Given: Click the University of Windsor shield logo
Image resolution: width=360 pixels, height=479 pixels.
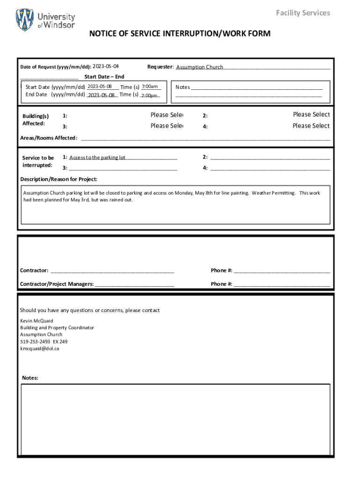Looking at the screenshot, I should point(25,20).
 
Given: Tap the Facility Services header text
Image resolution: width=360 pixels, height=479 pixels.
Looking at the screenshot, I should point(302,13).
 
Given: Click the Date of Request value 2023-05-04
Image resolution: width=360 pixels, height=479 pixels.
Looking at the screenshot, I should point(106,66).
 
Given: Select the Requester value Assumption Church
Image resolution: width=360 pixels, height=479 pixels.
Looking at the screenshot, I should point(200,67).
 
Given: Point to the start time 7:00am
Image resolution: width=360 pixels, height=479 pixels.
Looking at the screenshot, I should point(150,87).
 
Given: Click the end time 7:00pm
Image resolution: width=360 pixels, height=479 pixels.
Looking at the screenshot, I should point(150,95).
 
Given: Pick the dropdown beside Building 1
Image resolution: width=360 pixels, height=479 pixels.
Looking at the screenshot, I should point(166,115).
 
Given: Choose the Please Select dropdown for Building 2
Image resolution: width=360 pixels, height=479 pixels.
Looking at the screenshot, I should point(311,115).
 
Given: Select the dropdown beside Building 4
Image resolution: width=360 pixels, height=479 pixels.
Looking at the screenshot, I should point(311,126).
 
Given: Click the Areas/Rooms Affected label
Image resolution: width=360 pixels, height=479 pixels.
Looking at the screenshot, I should point(49,138).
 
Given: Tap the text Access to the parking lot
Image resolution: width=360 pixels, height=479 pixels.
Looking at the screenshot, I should point(97,158).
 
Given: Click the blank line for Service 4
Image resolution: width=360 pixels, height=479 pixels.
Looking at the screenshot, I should point(270,168).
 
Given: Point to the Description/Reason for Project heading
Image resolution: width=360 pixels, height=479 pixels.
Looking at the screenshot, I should point(59,179).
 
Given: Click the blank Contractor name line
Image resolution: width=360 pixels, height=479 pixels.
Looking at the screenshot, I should point(112,270).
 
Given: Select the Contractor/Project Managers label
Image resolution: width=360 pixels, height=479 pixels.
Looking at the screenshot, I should point(57,284).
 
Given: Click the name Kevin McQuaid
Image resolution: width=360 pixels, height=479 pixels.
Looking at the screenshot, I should point(36,321).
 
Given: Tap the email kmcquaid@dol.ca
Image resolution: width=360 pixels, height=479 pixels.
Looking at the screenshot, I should point(40,348).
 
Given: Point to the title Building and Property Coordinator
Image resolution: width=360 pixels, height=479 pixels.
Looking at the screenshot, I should point(57,328).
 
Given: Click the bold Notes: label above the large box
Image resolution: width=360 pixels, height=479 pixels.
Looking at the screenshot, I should point(30,378).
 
